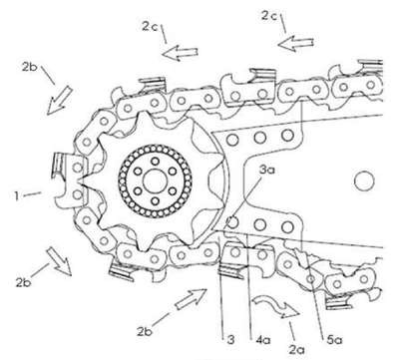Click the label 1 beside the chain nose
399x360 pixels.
tap(16, 195)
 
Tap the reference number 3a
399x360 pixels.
tap(267, 171)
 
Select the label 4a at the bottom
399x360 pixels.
tap(262, 340)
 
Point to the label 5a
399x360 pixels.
tap(334, 340)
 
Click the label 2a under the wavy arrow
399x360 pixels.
tap(296, 349)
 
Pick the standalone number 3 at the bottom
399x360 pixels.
tap(230, 340)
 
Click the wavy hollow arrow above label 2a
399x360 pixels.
tap(275, 306)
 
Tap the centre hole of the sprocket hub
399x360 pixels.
tap(155, 180)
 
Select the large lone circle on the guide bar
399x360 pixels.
tap(364, 180)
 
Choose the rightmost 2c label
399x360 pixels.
tap(269, 16)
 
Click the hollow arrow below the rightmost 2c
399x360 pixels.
tap(295, 44)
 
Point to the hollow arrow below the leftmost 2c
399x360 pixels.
tap(181, 53)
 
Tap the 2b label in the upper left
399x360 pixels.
tap(30, 67)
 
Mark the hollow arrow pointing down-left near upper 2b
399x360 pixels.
tap(59, 101)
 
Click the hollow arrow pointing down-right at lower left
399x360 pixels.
tap(59, 261)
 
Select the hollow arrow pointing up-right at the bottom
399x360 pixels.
tap(192, 299)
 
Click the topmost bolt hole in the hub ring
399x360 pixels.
tap(155, 162)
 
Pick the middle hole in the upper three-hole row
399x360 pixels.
tap(259, 136)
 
